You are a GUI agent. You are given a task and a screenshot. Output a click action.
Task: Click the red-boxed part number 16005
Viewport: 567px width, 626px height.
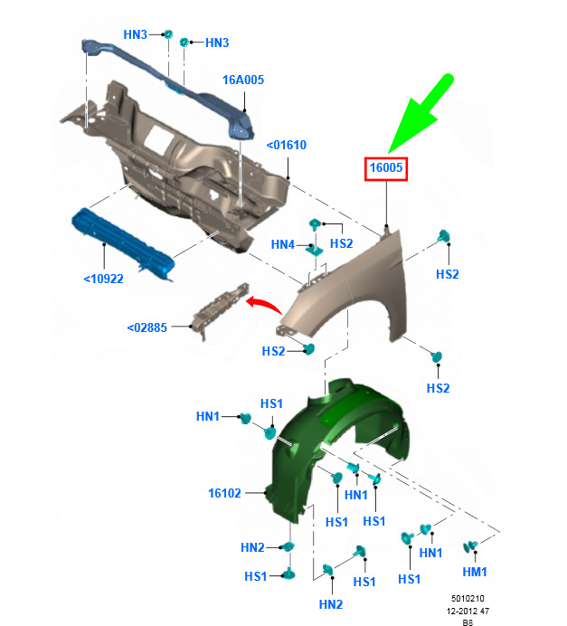(x=386, y=167)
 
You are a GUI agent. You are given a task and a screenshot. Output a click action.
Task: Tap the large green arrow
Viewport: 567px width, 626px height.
(x=421, y=113)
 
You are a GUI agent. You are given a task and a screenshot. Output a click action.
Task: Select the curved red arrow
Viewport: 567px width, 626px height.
(x=264, y=305)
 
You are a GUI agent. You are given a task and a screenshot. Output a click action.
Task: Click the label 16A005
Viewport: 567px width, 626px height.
(x=243, y=80)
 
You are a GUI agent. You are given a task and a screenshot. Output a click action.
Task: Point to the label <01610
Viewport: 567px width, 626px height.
(x=286, y=145)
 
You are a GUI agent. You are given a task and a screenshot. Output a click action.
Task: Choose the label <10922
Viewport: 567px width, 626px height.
(x=103, y=279)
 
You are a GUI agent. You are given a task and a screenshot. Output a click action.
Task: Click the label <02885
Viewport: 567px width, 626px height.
(x=146, y=327)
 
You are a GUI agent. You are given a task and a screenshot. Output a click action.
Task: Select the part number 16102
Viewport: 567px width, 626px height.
(x=224, y=493)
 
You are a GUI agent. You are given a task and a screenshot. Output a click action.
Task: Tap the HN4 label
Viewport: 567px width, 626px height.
(x=282, y=244)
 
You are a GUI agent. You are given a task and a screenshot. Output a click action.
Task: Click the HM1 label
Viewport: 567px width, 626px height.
(x=475, y=572)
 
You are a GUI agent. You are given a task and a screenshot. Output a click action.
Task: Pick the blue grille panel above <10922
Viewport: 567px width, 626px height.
(x=123, y=243)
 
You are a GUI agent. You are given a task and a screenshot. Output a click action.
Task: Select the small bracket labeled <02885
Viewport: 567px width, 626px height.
(x=220, y=309)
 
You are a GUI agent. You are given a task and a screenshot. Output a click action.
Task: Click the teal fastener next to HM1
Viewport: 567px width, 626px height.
(x=470, y=546)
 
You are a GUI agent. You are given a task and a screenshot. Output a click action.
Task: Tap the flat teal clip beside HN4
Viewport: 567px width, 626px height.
(x=315, y=251)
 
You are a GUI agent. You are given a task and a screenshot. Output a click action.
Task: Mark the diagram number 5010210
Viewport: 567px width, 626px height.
(x=468, y=599)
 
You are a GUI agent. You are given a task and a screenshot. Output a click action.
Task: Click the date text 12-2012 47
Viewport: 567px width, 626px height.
(x=468, y=611)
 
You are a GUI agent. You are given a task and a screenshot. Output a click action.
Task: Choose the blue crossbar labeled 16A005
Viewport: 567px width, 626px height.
(x=167, y=88)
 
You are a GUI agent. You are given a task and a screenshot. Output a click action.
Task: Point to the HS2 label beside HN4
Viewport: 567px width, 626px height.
(x=342, y=243)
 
